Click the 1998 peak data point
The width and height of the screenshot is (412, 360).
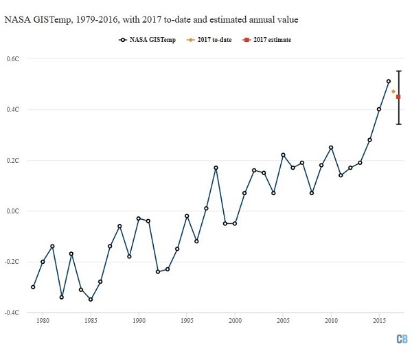click(x=216, y=168)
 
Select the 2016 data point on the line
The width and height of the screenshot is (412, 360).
click(x=389, y=81)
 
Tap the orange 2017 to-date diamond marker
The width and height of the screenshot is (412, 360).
click(x=393, y=91)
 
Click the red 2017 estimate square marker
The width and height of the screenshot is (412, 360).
click(x=398, y=97)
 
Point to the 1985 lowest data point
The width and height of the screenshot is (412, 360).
click(x=91, y=300)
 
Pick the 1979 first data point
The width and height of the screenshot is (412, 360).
click(x=33, y=286)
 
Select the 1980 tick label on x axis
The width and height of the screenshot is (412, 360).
click(x=43, y=321)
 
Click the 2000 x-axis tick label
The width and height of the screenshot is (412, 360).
click(x=235, y=321)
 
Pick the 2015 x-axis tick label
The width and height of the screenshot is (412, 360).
click(x=379, y=321)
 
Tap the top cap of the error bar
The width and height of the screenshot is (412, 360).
click(x=398, y=71)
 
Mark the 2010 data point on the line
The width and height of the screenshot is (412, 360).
click(x=331, y=148)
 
